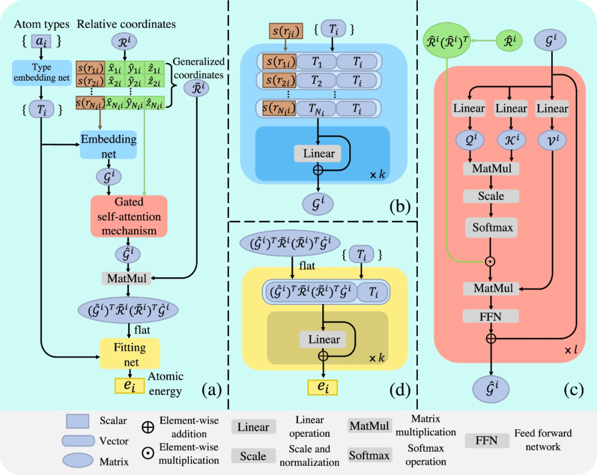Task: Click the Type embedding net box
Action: coord(42,72)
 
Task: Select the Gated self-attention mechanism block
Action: coord(128,217)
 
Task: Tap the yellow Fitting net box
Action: coord(130,353)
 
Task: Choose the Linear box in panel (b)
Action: coord(319,153)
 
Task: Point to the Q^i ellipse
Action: coord(468,140)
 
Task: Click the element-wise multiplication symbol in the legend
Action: coord(148,453)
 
